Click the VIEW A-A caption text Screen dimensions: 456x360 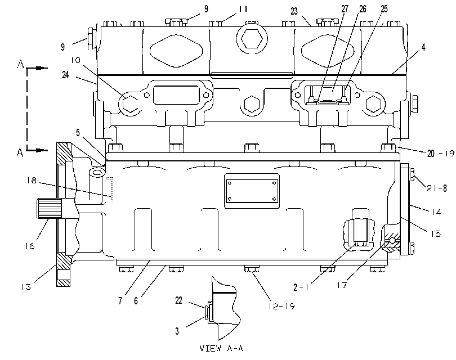click(221, 348)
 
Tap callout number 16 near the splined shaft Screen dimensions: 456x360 click(30, 246)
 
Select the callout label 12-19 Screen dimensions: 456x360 click(281, 306)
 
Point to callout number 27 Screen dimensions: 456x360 click(345, 9)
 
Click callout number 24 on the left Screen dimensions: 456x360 click(66, 75)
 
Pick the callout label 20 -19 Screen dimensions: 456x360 click(440, 153)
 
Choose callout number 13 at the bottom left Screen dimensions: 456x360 click(25, 287)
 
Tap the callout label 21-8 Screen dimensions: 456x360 click(436, 188)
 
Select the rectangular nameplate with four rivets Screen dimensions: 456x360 click(252, 191)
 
